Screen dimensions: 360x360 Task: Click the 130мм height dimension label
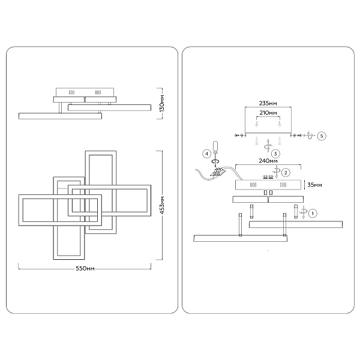(x=162, y=103)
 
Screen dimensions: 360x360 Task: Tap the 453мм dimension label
(x=162, y=205)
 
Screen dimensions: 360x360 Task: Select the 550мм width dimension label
(x=85, y=269)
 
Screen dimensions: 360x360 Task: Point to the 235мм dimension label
(x=268, y=103)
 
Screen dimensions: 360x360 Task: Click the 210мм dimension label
(x=268, y=113)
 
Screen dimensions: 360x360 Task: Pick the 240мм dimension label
(x=268, y=161)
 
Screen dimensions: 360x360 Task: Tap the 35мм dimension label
(x=314, y=185)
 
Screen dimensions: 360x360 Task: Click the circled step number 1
(x=312, y=213)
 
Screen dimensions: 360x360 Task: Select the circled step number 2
(x=286, y=173)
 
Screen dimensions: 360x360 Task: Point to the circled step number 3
(x=275, y=154)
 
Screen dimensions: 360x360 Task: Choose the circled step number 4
(x=206, y=154)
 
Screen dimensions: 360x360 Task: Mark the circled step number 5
(x=322, y=136)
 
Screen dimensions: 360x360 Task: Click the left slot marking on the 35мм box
(x=253, y=185)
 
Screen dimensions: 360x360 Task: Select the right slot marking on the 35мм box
(x=283, y=185)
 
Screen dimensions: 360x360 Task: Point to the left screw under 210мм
(x=256, y=124)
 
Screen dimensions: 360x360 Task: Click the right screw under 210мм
(x=280, y=124)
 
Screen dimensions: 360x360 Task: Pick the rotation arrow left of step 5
(x=310, y=135)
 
